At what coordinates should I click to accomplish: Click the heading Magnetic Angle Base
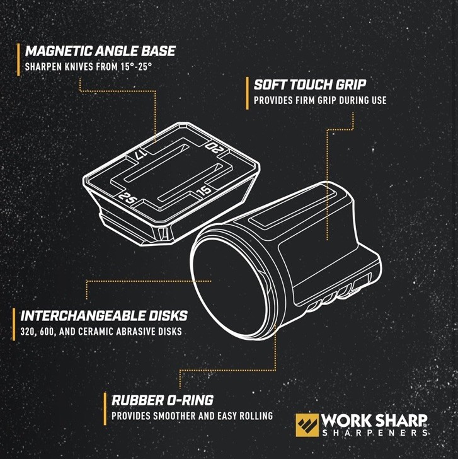pyautogui.click(x=100, y=51)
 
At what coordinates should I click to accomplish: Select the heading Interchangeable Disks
pyautogui.click(x=103, y=315)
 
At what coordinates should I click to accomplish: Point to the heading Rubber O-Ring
pyautogui.click(x=162, y=400)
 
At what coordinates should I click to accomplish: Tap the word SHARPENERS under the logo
pyautogui.click(x=375, y=433)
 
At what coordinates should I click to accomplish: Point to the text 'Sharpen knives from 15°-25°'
pyautogui.click(x=88, y=66)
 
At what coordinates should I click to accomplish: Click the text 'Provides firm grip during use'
pyautogui.click(x=320, y=100)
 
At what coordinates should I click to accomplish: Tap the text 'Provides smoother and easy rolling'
pyautogui.click(x=192, y=415)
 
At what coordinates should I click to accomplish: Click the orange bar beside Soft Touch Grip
pyautogui.click(x=247, y=92)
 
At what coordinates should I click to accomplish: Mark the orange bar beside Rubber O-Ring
pyautogui.click(x=105, y=407)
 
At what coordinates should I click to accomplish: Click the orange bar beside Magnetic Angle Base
pyautogui.click(x=18, y=59)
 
